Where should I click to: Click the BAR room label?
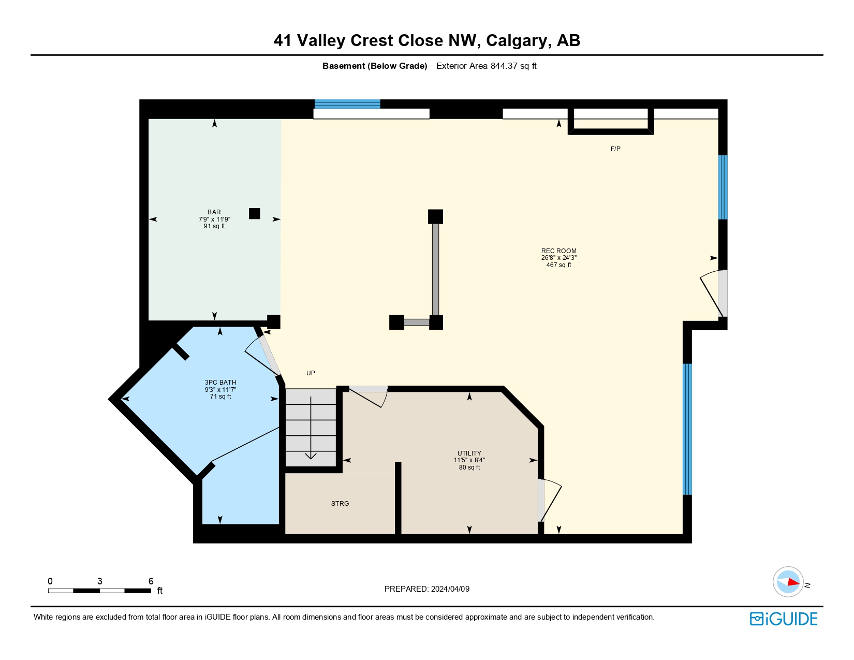[x=214, y=212]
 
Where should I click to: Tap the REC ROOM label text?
[x=558, y=251]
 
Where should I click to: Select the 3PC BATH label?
[x=220, y=383]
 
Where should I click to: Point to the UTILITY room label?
[x=469, y=453]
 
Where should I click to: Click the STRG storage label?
[x=340, y=504]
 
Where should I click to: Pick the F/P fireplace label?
[x=615, y=149]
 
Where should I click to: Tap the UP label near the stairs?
[x=311, y=373]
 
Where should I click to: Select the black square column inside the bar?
[x=254, y=213]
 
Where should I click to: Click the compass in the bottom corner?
[x=788, y=582]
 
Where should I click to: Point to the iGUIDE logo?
[x=784, y=619]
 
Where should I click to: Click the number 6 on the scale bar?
[x=151, y=581]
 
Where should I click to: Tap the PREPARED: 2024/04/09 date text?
[x=427, y=589]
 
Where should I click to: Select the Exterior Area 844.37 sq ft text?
[x=486, y=66]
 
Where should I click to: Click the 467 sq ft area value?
[x=558, y=265]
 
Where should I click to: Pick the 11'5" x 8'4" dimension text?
[x=469, y=460]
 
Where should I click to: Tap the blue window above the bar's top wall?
[x=347, y=104]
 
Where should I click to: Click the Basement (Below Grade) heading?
[x=375, y=66]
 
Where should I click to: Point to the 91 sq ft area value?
[x=214, y=226]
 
